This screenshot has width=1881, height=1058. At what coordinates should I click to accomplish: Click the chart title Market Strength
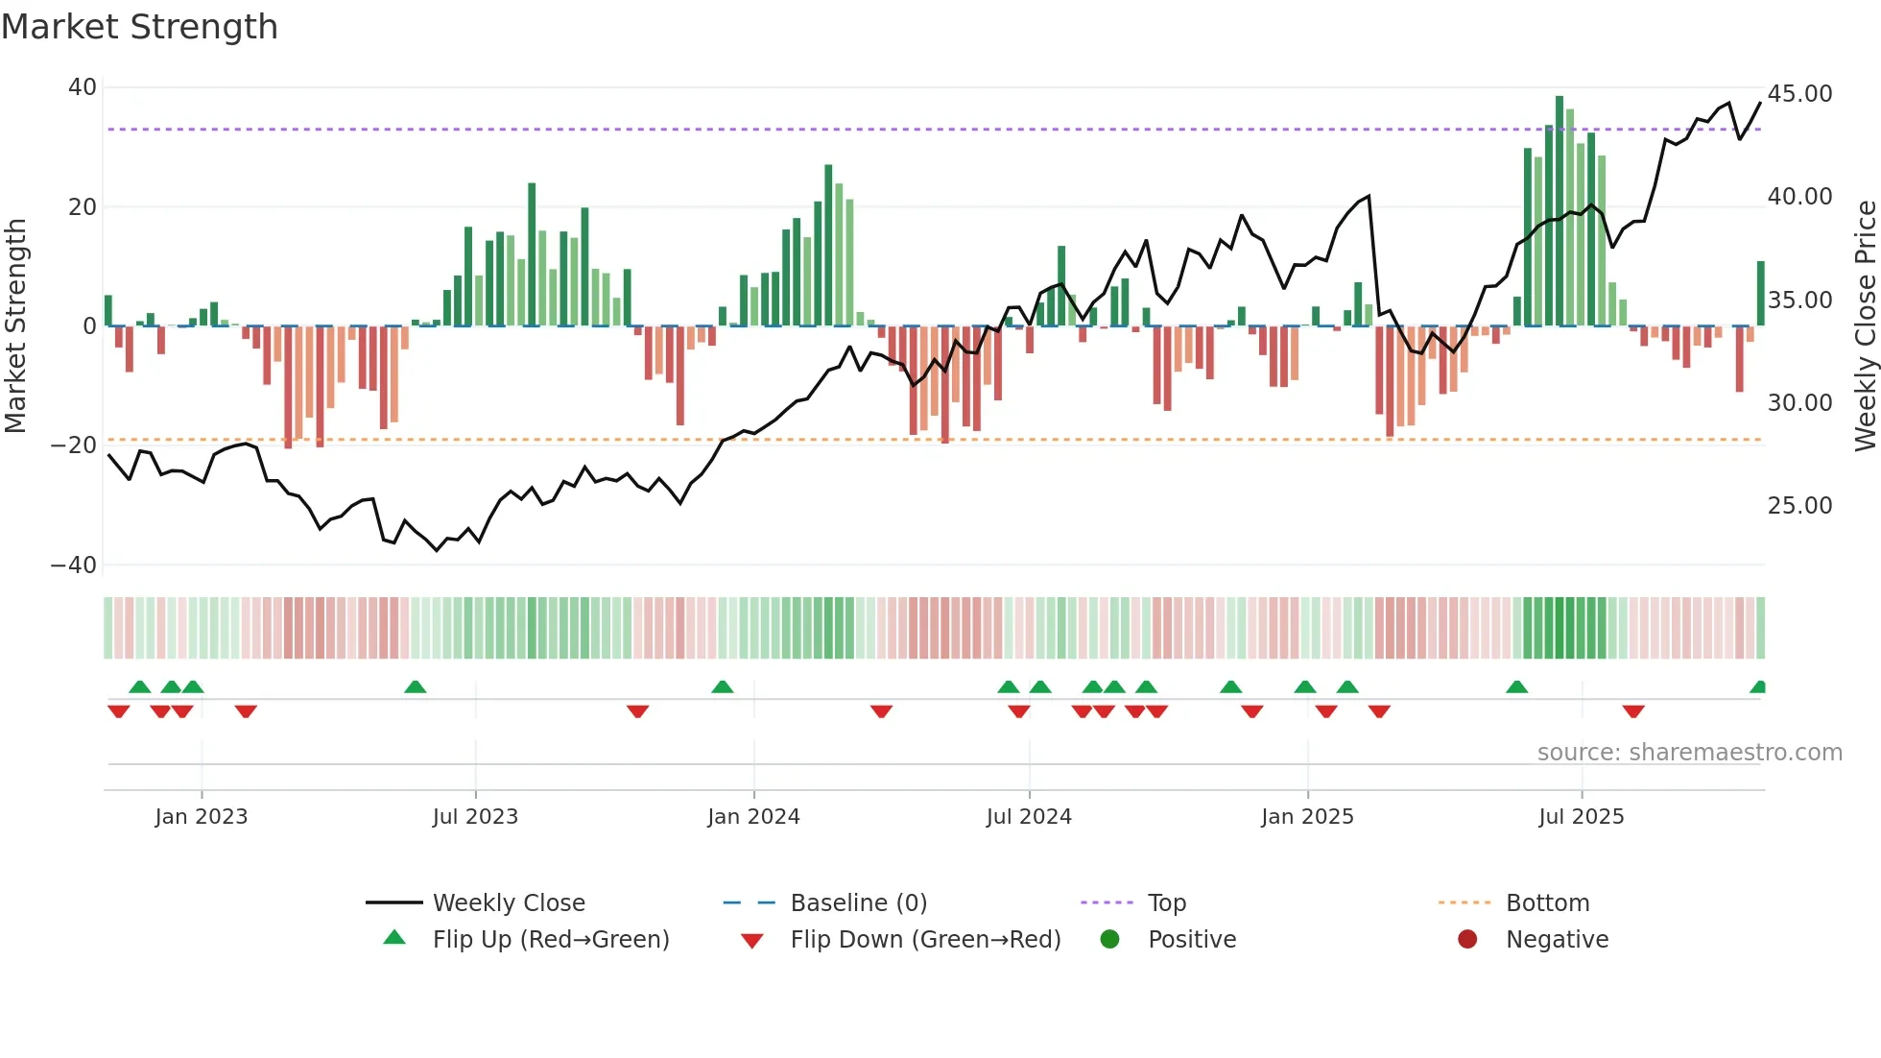pos(139,27)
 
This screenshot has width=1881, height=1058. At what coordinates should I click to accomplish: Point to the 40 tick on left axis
pos(83,87)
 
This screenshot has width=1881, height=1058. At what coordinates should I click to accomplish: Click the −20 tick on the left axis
pos(74,445)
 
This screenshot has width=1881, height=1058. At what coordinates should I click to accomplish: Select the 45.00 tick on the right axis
pos(1799,94)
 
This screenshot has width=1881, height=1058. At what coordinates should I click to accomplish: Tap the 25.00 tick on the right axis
pos(1799,506)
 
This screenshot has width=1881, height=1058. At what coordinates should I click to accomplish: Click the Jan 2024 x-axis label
pos(753,817)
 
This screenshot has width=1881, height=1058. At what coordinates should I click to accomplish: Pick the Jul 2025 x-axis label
pos(1581,817)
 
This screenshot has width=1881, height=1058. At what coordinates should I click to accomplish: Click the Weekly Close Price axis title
pos(1865,326)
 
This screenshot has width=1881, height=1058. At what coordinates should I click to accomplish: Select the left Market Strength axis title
pos(16,326)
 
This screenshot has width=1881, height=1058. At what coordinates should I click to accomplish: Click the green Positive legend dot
pos(1109,940)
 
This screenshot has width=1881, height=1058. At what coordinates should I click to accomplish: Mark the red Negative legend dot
pos(1467,940)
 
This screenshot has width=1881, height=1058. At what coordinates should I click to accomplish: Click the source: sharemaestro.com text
pos(1689,753)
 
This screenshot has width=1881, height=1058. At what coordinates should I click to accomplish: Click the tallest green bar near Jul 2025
pos(1560,211)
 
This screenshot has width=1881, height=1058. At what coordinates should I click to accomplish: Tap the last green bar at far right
pos(1761,293)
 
